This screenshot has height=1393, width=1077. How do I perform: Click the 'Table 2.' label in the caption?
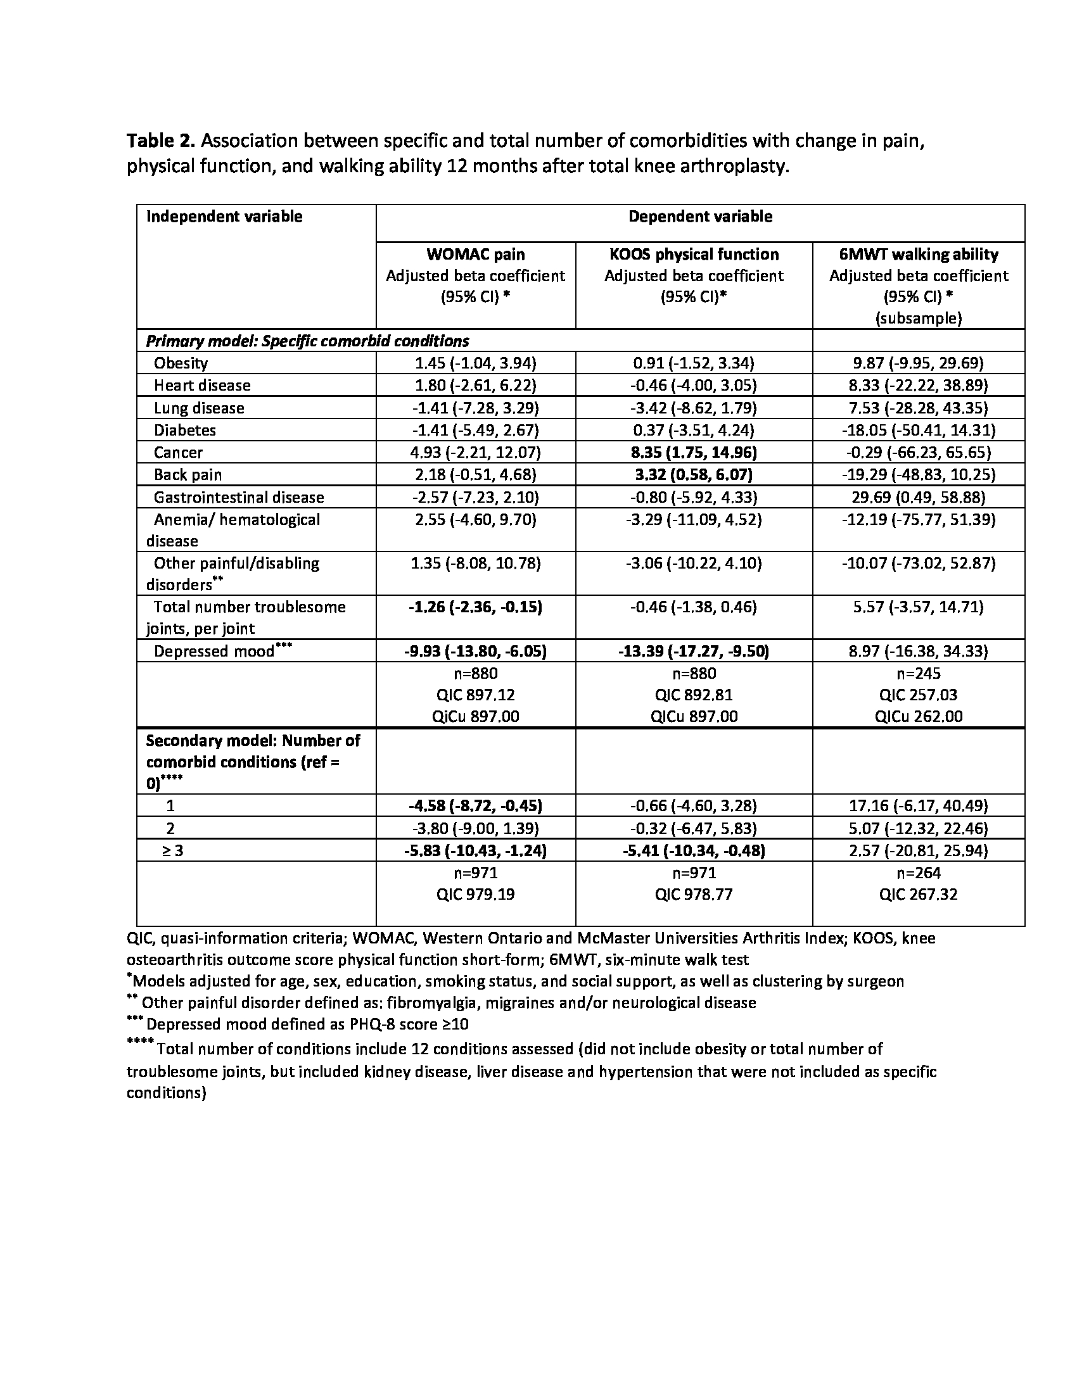160,141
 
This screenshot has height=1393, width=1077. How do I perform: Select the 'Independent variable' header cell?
224,217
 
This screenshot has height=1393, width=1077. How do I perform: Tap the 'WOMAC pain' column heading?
475,255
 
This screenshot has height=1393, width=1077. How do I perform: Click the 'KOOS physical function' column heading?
694,255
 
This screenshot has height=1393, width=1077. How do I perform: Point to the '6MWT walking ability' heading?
918,255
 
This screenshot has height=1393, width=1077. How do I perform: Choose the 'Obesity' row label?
181,363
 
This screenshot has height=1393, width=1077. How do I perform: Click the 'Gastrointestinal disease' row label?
239,498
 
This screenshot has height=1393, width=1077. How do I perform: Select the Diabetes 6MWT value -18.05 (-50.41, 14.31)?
918,431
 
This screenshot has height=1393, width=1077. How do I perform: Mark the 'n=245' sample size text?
918,674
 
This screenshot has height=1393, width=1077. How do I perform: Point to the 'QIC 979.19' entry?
475,894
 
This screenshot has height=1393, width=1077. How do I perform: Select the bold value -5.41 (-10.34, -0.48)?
694,851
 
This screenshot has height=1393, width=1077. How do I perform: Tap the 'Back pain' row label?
188,475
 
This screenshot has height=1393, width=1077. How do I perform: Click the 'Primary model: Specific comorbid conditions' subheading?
307,341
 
